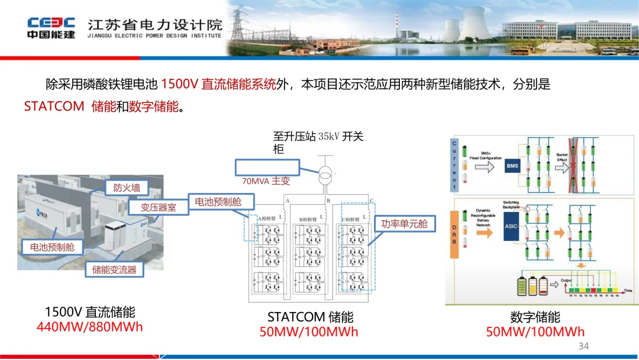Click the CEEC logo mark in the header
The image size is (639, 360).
tap(51, 22)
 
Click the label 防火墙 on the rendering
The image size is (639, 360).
tap(127, 188)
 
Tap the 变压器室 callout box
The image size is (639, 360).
tap(158, 207)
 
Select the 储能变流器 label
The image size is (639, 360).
tap(114, 270)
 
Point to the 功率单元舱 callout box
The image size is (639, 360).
tap(404, 224)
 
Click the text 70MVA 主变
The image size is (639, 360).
tap(266, 181)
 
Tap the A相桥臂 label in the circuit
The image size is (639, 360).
tap(267, 219)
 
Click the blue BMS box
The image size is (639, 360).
tap(512, 166)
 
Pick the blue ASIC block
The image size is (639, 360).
tap(512, 226)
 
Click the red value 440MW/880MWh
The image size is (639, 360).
tap(90, 327)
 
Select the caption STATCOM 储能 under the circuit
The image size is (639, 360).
tap(310, 317)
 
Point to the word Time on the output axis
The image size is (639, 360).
tap(627, 291)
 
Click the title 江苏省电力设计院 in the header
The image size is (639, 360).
tap(155, 24)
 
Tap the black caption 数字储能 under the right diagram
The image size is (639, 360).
tap(535, 317)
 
